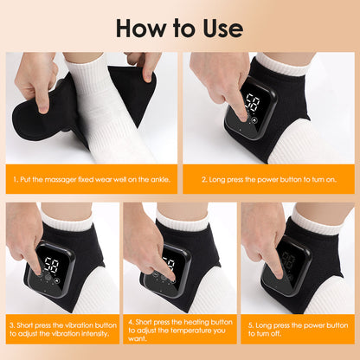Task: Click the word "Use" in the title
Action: tap(220, 27)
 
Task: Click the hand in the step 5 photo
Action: tap(263, 238)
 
